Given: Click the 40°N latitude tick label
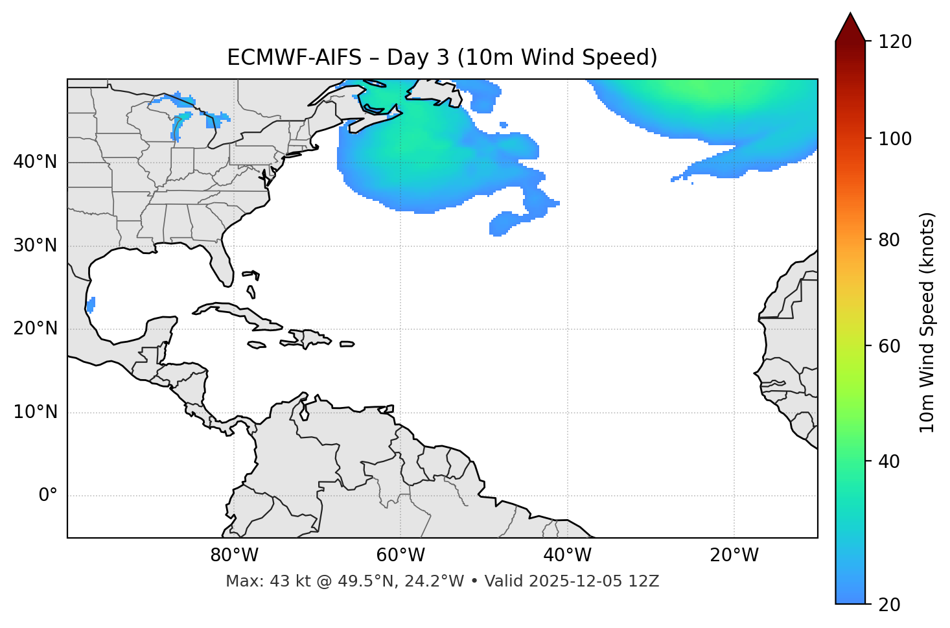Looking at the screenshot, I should pyautogui.click(x=35, y=162).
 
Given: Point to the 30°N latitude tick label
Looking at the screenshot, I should pyautogui.click(x=35, y=246).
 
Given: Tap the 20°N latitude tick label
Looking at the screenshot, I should pyautogui.click(x=35, y=329).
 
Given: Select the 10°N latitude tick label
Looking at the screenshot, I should pyautogui.click(x=35, y=412).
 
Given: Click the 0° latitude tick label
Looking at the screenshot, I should pyautogui.click(x=48, y=496).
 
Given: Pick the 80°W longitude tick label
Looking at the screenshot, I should pyautogui.click(x=234, y=555).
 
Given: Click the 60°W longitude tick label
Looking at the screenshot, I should pyautogui.click(x=400, y=555).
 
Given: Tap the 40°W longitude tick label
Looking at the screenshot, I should pyautogui.click(x=567, y=555).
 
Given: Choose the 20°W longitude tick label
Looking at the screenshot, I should pyautogui.click(x=734, y=555).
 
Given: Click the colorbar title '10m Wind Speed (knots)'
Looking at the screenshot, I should pyautogui.click(x=927, y=323).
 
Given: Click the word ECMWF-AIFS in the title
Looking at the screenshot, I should pyautogui.click(x=294, y=58).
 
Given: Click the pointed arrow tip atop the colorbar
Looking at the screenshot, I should pyautogui.click(x=850, y=14).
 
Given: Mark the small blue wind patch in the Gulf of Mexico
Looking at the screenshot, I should pyautogui.click(x=91, y=304).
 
